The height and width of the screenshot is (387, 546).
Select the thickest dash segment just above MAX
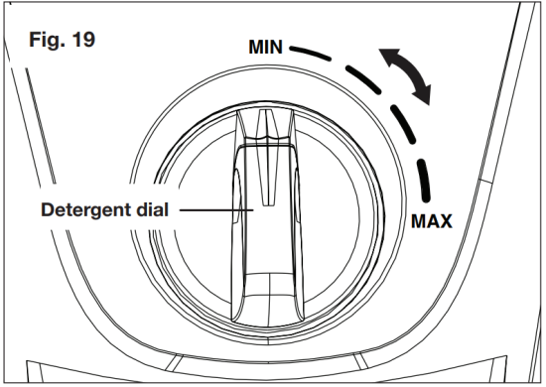(x=427, y=184)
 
